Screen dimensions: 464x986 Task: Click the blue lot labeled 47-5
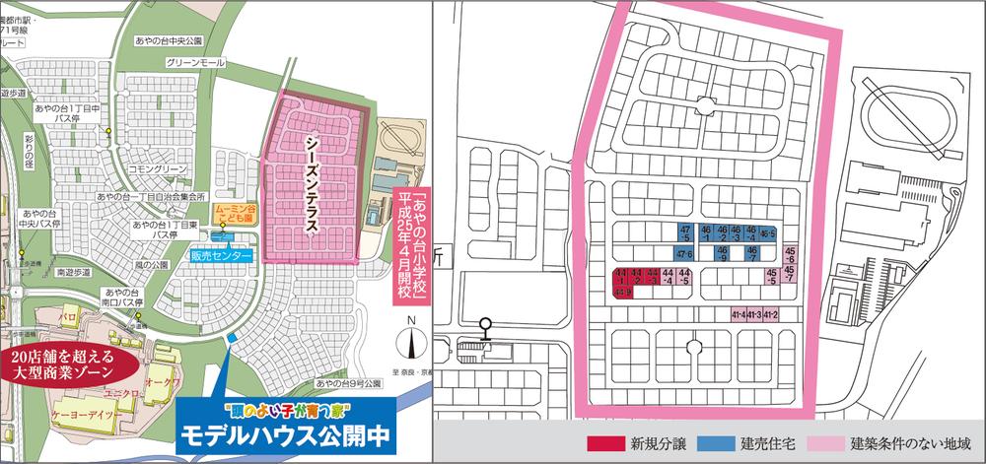(x=684, y=232)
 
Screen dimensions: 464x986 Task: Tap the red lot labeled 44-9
(x=622, y=292)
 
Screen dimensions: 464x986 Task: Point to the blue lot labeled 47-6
(x=684, y=255)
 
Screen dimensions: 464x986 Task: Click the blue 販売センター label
(x=223, y=256)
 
